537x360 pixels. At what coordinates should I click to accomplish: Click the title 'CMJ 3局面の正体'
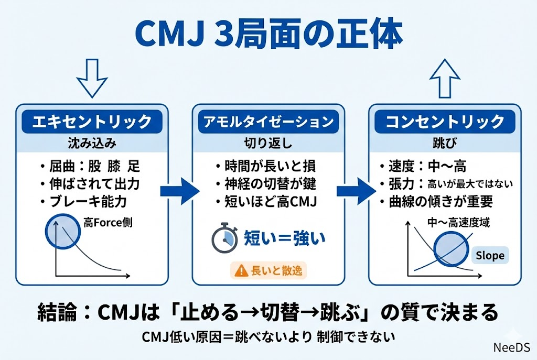coord(268,34)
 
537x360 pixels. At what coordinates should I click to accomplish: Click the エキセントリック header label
coord(92,122)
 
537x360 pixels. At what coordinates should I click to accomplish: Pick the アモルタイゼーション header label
coord(268,122)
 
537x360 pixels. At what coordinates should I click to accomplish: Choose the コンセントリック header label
coord(445,122)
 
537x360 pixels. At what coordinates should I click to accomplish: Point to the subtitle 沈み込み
coord(92,143)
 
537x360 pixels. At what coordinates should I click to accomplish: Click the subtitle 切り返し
coord(268,143)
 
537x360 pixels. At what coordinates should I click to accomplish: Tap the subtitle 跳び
coord(445,143)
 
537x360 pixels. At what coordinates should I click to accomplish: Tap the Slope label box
coord(490,256)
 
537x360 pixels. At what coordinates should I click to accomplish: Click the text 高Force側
coord(108,223)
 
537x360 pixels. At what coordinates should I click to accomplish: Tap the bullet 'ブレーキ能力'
coord(89,202)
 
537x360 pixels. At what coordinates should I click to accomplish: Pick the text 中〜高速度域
coord(459,222)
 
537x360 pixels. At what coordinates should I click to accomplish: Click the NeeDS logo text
coord(512,347)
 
